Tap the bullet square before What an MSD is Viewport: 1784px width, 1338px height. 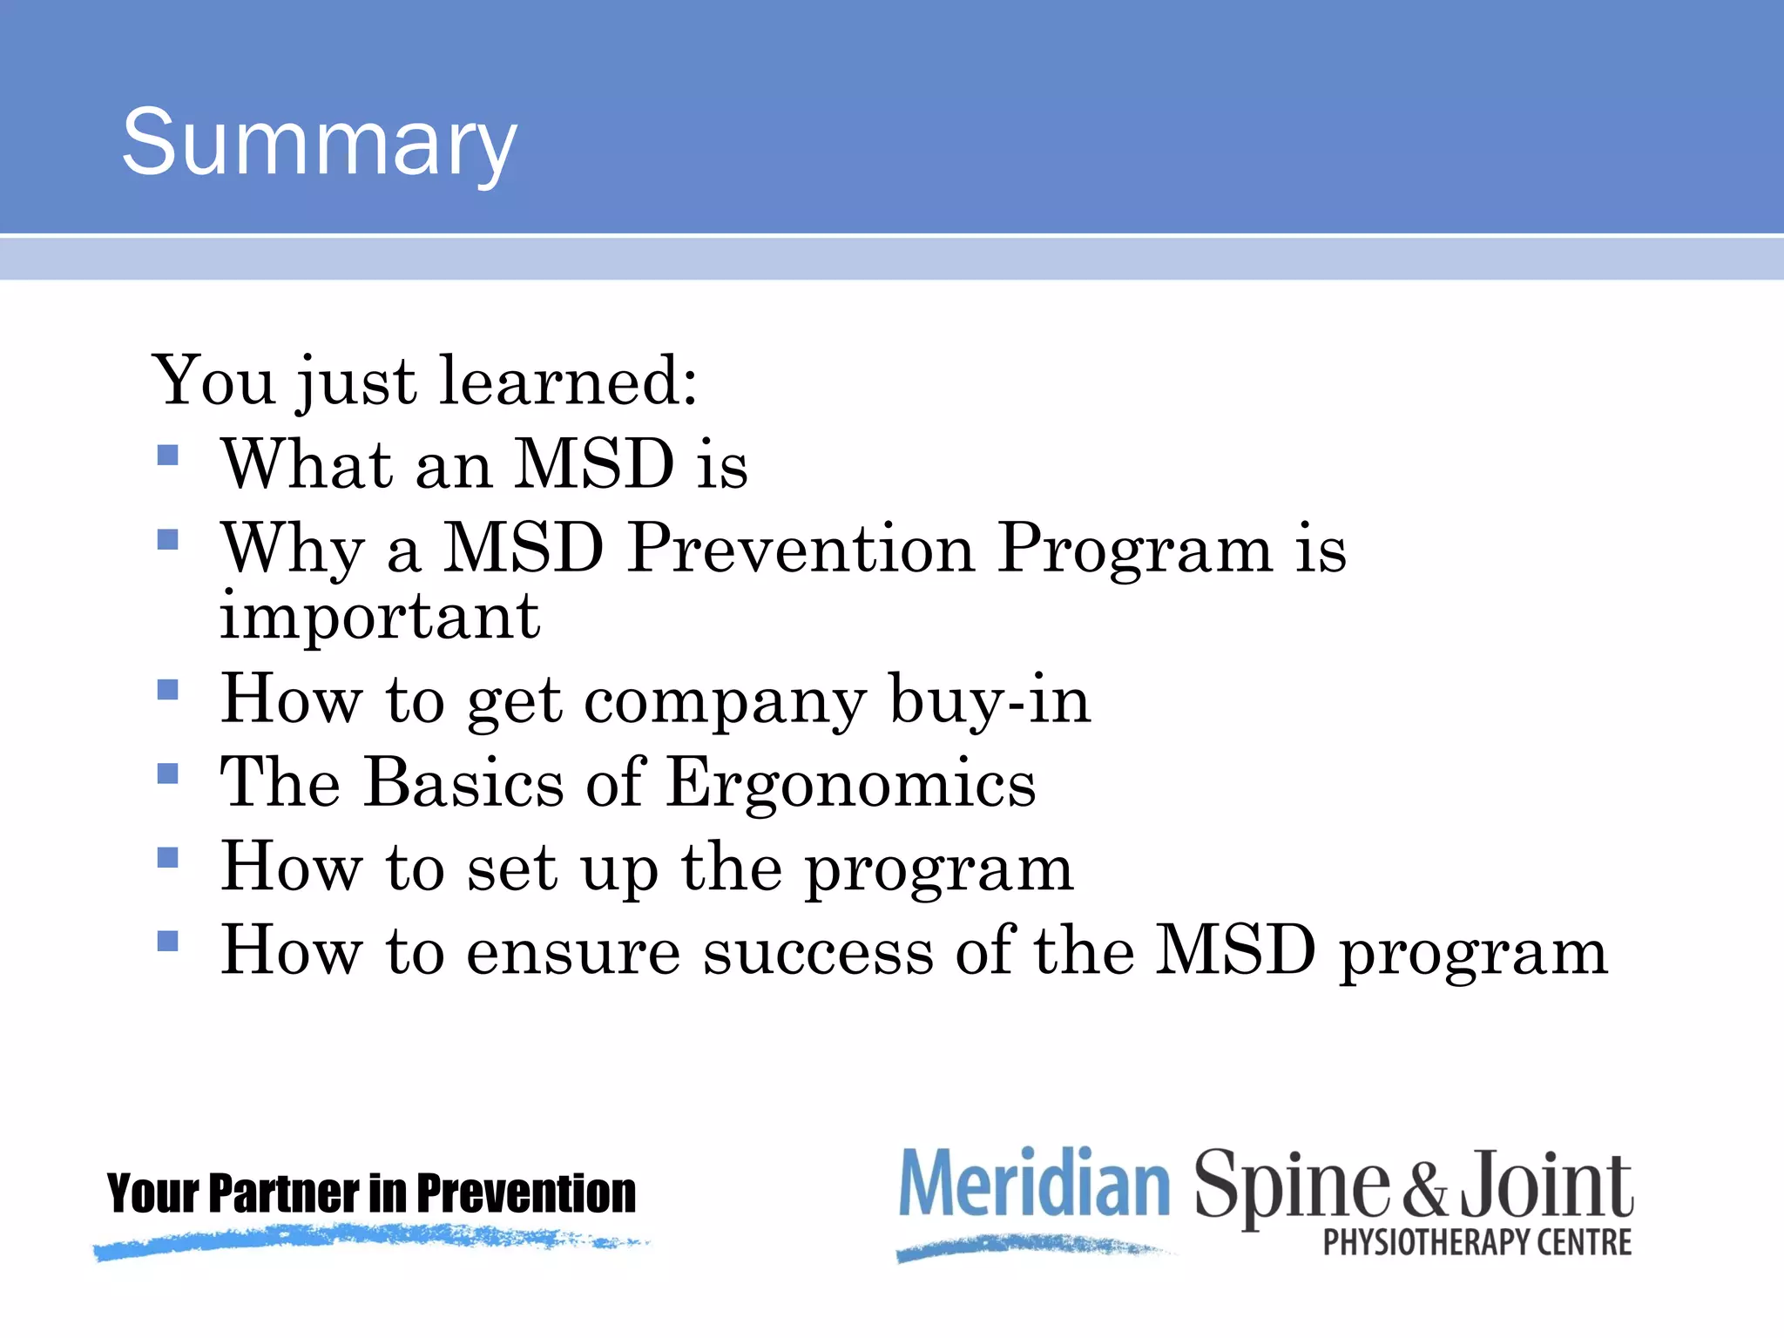[x=168, y=456]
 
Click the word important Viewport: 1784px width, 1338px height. [x=380, y=617]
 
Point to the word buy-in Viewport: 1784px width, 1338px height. [x=990, y=699]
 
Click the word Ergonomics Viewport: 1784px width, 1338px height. [x=851, y=782]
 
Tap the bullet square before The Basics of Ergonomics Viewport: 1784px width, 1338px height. [x=168, y=774]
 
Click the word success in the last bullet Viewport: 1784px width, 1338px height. [x=818, y=951]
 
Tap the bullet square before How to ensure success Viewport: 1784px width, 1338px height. [x=168, y=941]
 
